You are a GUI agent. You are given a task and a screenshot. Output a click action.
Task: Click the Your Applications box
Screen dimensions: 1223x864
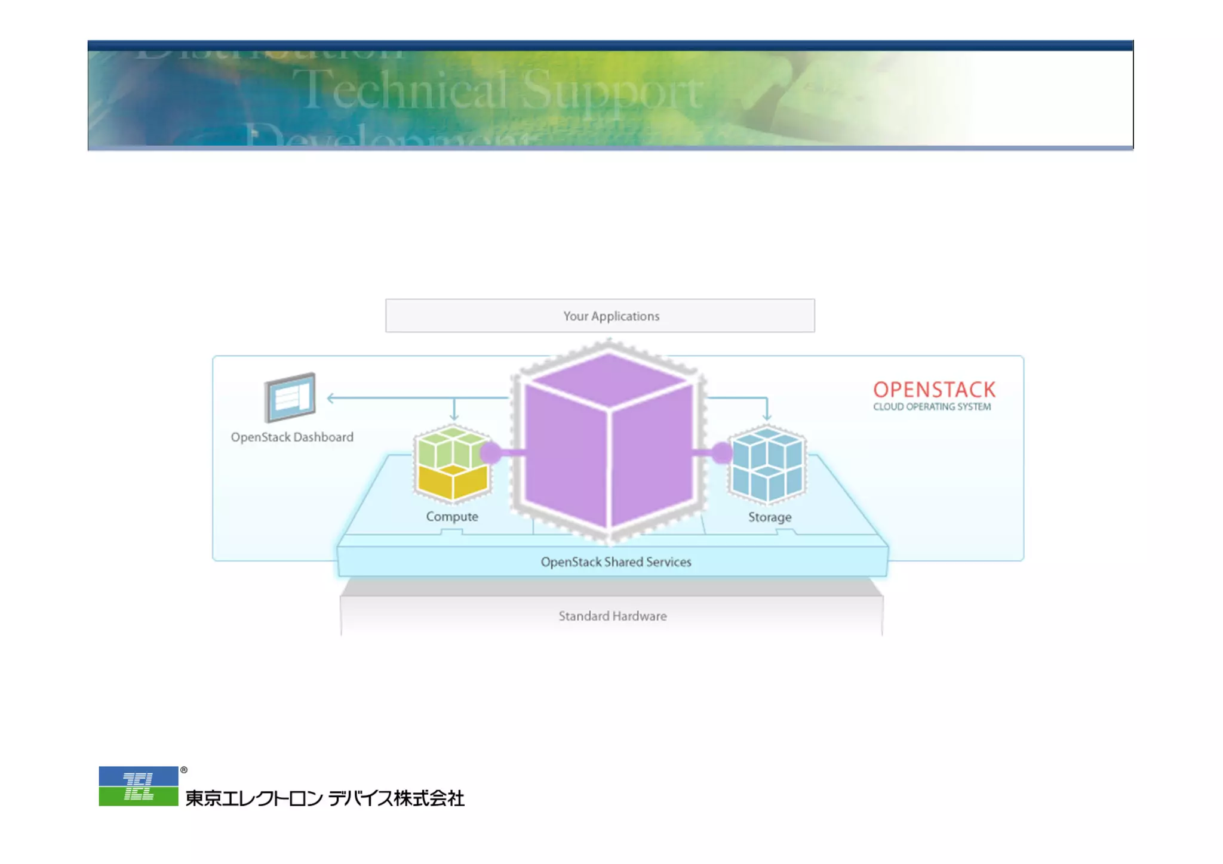[x=600, y=316]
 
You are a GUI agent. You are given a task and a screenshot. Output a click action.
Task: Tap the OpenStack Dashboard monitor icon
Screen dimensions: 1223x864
[x=290, y=397]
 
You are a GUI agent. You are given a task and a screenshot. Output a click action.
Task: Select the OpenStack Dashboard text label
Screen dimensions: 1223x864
[x=292, y=437]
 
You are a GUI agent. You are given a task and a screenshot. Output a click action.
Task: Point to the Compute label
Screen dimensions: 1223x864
[x=452, y=517]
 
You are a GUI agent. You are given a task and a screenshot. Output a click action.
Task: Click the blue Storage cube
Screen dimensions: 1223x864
[x=767, y=465]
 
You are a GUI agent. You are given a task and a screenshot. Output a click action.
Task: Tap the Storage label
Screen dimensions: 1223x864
[x=769, y=517]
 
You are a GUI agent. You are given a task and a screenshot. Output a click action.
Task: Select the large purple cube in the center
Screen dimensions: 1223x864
[x=609, y=442]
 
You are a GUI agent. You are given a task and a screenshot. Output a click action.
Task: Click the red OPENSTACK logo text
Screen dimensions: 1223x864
[x=934, y=390]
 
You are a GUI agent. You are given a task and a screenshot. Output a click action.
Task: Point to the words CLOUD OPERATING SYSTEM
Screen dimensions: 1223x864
[x=932, y=407]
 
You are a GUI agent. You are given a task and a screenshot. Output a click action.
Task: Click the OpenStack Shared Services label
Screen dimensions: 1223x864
[x=616, y=562]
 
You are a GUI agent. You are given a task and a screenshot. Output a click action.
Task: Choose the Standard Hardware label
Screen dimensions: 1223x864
[x=613, y=616]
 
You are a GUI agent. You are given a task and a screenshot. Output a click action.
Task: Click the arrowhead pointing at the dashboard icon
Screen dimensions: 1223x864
[x=330, y=397]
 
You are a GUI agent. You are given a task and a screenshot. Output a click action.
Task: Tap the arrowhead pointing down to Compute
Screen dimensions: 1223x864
[x=454, y=416]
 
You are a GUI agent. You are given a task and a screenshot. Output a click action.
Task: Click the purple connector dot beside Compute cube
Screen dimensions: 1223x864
[x=491, y=453]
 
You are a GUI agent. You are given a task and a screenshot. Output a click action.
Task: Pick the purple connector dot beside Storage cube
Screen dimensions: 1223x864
[x=722, y=453]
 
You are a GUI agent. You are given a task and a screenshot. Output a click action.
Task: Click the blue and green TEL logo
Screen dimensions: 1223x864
[x=139, y=786]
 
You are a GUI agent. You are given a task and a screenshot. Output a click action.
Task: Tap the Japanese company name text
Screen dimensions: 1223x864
[x=325, y=798]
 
